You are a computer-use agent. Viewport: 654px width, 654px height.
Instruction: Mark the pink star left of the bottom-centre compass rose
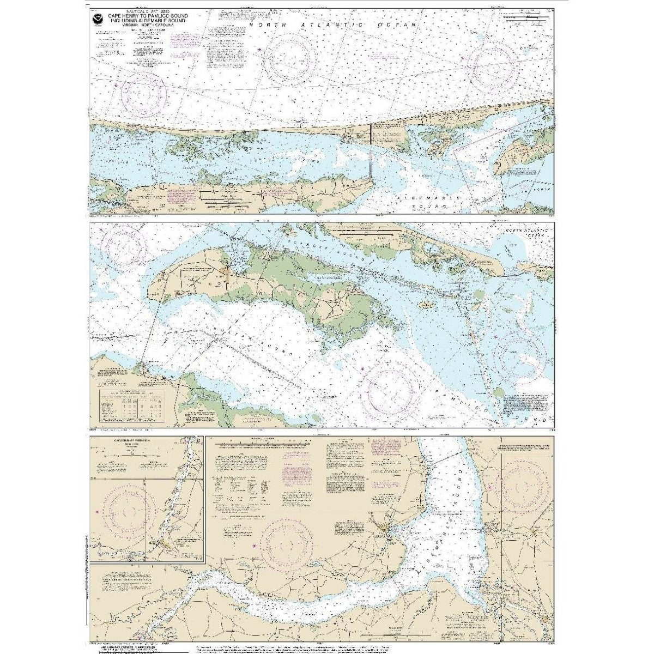coord(253,544)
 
